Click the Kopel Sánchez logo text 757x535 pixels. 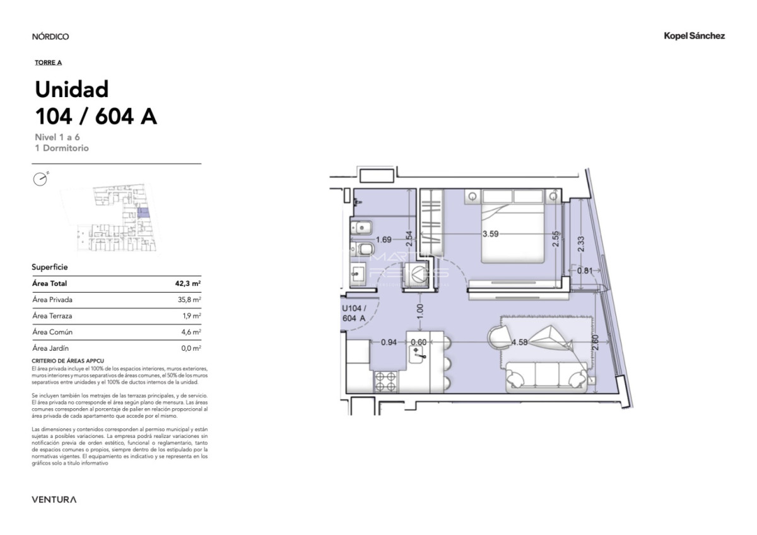694,36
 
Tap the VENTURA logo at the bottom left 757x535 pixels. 54,500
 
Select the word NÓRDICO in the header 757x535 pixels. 50,37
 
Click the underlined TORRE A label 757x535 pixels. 48,62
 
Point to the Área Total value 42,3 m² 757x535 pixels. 188,284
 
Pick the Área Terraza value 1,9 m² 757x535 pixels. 191,315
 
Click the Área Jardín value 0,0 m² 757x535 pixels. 191,348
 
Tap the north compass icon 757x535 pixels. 40,179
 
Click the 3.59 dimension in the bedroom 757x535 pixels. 490,233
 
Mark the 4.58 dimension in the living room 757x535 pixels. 519,343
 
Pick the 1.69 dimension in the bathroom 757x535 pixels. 384,240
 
